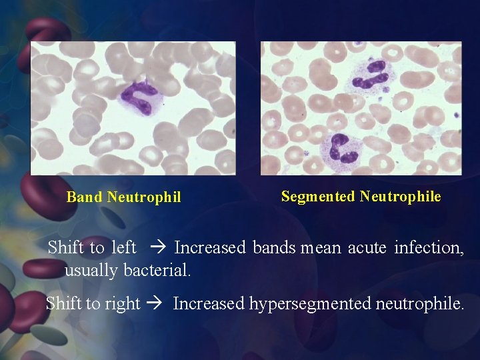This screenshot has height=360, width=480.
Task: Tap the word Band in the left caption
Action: [85, 197]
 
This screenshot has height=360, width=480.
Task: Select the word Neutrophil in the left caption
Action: [143, 197]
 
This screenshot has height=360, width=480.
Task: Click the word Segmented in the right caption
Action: [318, 196]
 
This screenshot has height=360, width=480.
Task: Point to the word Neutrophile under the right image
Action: [400, 196]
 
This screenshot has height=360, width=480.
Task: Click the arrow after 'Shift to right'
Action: [157, 305]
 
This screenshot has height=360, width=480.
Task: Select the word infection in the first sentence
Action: [429, 248]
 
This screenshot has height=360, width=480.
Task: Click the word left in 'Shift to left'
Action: [123, 248]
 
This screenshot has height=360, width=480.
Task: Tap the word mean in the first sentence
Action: [321, 248]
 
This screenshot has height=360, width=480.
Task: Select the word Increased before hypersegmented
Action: [209, 305]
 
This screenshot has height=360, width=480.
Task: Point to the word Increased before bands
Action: [210, 248]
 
